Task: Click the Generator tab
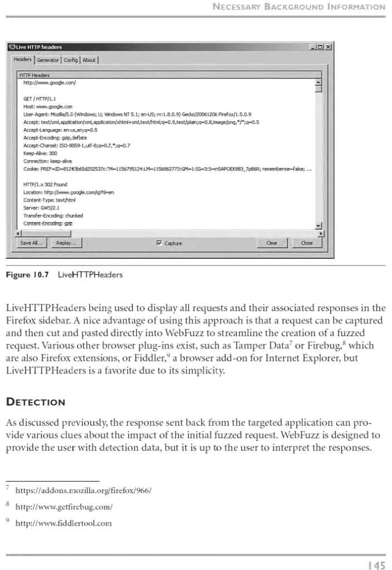pos(48,60)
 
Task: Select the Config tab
pos(71,60)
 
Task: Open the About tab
pos(89,60)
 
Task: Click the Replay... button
pos(66,243)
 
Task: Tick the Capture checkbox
pos(160,243)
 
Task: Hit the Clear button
pos(272,243)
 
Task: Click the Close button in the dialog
pos(306,243)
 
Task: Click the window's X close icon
pos(329,47)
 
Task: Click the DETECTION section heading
pos(36,402)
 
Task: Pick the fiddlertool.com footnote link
pos(64,523)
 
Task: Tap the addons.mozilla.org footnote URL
pos(84,490)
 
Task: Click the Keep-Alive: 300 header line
pos(40,153)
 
